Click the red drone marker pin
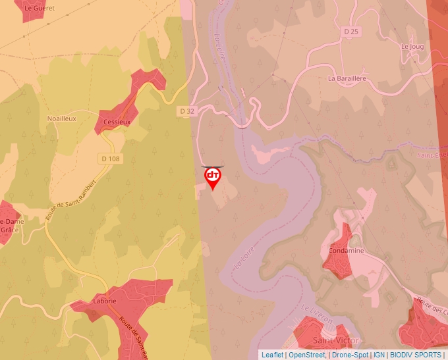point(213,177)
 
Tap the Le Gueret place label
point(39,9)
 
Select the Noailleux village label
point(62,118)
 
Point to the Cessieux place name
point(117,122)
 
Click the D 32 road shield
point(187,111)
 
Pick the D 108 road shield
point(111,159)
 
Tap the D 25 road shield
point(351,31)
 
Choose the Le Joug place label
point(412,47)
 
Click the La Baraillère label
point(347,78)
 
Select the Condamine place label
point(345,251)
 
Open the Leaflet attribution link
point(272,355)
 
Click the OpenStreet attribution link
point(307,355)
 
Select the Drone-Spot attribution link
point(350,355)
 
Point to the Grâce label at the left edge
point(9,230)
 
